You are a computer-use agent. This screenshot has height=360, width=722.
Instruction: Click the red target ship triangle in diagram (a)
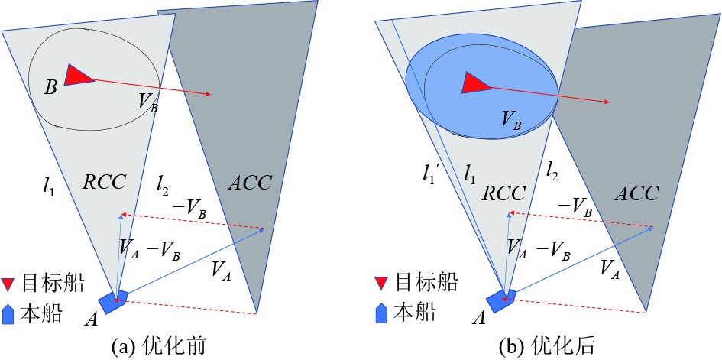coord(77,76)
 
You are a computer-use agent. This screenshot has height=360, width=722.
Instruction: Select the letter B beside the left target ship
coord(50,87)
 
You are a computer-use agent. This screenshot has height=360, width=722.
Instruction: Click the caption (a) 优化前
coord(160,347)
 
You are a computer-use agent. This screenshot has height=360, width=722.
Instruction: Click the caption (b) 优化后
coord(544,347)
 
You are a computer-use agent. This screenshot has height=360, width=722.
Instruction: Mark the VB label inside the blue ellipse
coord(513,118)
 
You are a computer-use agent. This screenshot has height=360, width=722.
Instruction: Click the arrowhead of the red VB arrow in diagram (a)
coord(208,95)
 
